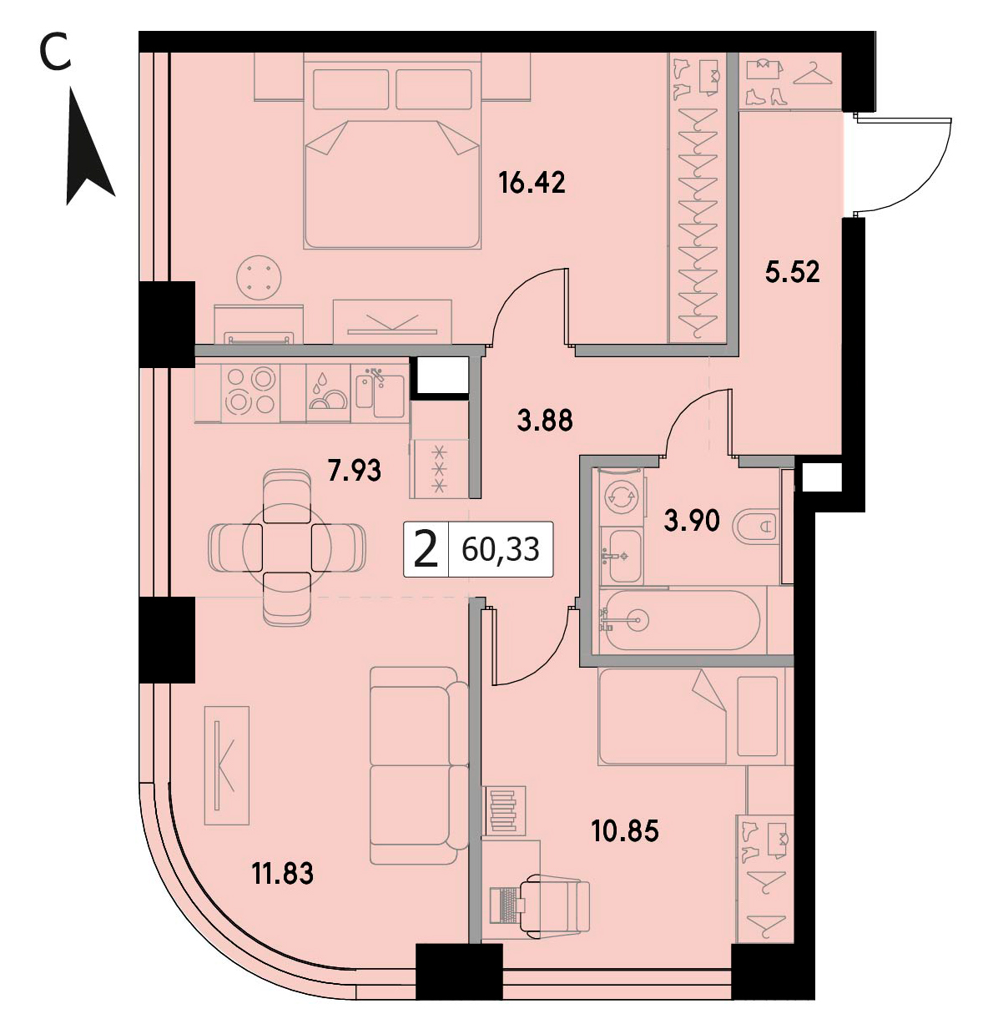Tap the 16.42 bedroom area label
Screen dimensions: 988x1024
click(x=532, y=183)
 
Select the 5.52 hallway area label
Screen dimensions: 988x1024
click(x=792, y=273)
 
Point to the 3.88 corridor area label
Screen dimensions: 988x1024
click(x=545, y=421)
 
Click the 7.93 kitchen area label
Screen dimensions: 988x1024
click(x=354, y=471)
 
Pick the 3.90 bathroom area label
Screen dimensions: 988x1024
click(x=691, y=522)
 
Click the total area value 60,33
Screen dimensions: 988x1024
click(x=501, y=550)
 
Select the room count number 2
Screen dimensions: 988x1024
click(x=426, y=550)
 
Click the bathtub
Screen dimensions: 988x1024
click(x=683, y=620)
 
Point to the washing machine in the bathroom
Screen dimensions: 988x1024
click(x=622, y=496)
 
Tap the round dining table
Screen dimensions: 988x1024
click(x=287, y=547)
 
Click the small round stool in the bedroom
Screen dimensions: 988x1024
click(x=259, y=277)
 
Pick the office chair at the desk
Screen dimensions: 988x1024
click(x=554, y=905)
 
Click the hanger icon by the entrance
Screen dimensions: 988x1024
click(x=812, y=74)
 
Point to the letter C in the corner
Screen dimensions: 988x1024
click(x=56, y=56)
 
